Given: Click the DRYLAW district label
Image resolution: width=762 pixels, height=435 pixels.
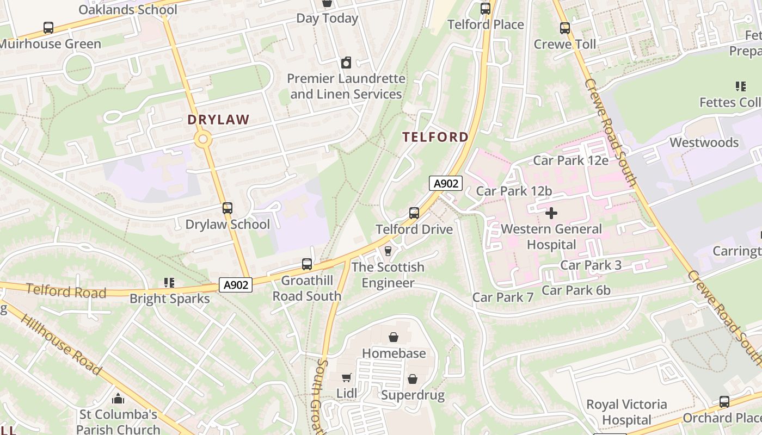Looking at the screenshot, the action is (218, 120).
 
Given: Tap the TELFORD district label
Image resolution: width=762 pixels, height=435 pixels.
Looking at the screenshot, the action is (435, 137).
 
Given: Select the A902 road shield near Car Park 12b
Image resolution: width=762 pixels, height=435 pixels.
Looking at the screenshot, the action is (446, 184).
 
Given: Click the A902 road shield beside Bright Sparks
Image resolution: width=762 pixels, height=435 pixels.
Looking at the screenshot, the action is (237, 285).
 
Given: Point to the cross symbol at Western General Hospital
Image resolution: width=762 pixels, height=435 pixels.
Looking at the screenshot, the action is (551, 213).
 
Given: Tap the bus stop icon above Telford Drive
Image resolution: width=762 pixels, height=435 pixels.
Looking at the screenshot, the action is (414, 213).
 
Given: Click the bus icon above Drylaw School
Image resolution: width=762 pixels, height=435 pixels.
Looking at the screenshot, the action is (228, 208).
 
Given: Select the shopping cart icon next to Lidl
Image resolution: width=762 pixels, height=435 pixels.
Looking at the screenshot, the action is (346, 378).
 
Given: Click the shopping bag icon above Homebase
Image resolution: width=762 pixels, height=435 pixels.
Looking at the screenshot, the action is (394, 338).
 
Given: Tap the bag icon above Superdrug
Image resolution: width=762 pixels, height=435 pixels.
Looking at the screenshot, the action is (413, 379).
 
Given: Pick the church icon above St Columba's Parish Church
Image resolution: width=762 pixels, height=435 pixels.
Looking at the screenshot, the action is (118, 399).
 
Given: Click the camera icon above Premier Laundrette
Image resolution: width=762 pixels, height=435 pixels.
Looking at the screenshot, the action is (346, 63).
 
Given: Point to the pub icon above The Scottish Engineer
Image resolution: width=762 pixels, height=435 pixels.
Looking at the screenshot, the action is (388, 251).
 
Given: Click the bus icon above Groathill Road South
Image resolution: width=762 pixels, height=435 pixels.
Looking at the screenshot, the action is (307, 265).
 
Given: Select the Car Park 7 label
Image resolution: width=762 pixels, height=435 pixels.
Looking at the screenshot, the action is (503, 297).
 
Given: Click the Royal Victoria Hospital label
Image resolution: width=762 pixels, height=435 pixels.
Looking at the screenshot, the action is (626, 412).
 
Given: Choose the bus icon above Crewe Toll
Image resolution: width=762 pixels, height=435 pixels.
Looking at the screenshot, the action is (565, 28).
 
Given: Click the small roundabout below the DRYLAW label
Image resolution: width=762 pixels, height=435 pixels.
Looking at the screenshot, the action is (203, 140).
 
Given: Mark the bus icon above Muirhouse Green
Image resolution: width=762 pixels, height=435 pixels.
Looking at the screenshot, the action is (48, 28).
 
